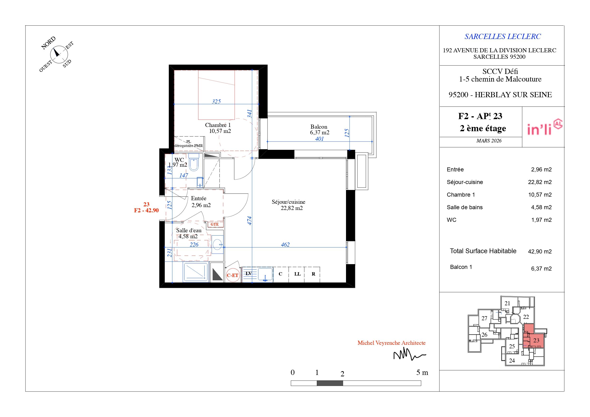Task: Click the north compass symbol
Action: [x=59, y=54]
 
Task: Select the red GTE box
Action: [x=215, y=224]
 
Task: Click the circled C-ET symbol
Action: [x=233, y=275]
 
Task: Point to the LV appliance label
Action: [x=248, y=274]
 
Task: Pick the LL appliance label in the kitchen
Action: [x=297, y=274]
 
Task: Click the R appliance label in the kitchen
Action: [x=313, y=274]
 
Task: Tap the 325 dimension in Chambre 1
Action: [x=216, y=101]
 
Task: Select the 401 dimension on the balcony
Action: [x=319, y=139]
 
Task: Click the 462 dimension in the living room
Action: [x=285, y=245]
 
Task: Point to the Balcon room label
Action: [x=319, y=127]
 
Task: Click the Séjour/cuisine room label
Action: [x=288, y=202]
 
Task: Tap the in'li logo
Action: [x=545, y=127]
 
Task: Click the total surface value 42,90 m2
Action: [x=540, y=252]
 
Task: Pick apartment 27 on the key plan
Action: [x=484, y=318]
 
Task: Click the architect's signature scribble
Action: [x=410, y=355]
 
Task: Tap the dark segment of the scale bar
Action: [x=330, y=383]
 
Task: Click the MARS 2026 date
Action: [x=489, y=141]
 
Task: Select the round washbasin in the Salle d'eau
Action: [x=217, y=244]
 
